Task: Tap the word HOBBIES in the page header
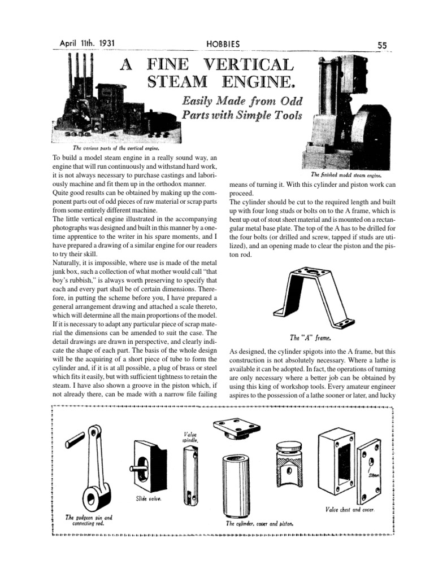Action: click(223, 44)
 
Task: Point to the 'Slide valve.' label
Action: click(148, 498)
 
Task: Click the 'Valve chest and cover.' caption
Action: click(350, 509)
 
